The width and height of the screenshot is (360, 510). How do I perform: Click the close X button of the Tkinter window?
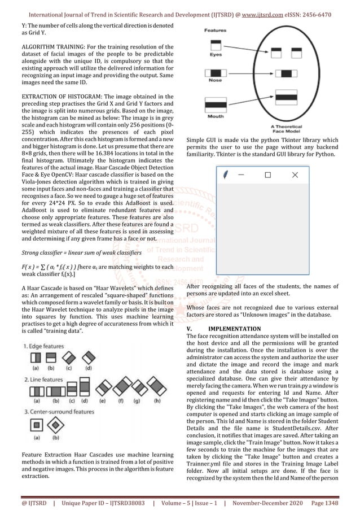[x=295, y=176]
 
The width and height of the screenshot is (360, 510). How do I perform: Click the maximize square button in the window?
[x=267, y=176]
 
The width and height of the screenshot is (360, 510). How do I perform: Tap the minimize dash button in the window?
[x=241, y=176]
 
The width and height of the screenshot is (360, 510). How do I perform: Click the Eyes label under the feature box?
[x=216, y=55]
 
